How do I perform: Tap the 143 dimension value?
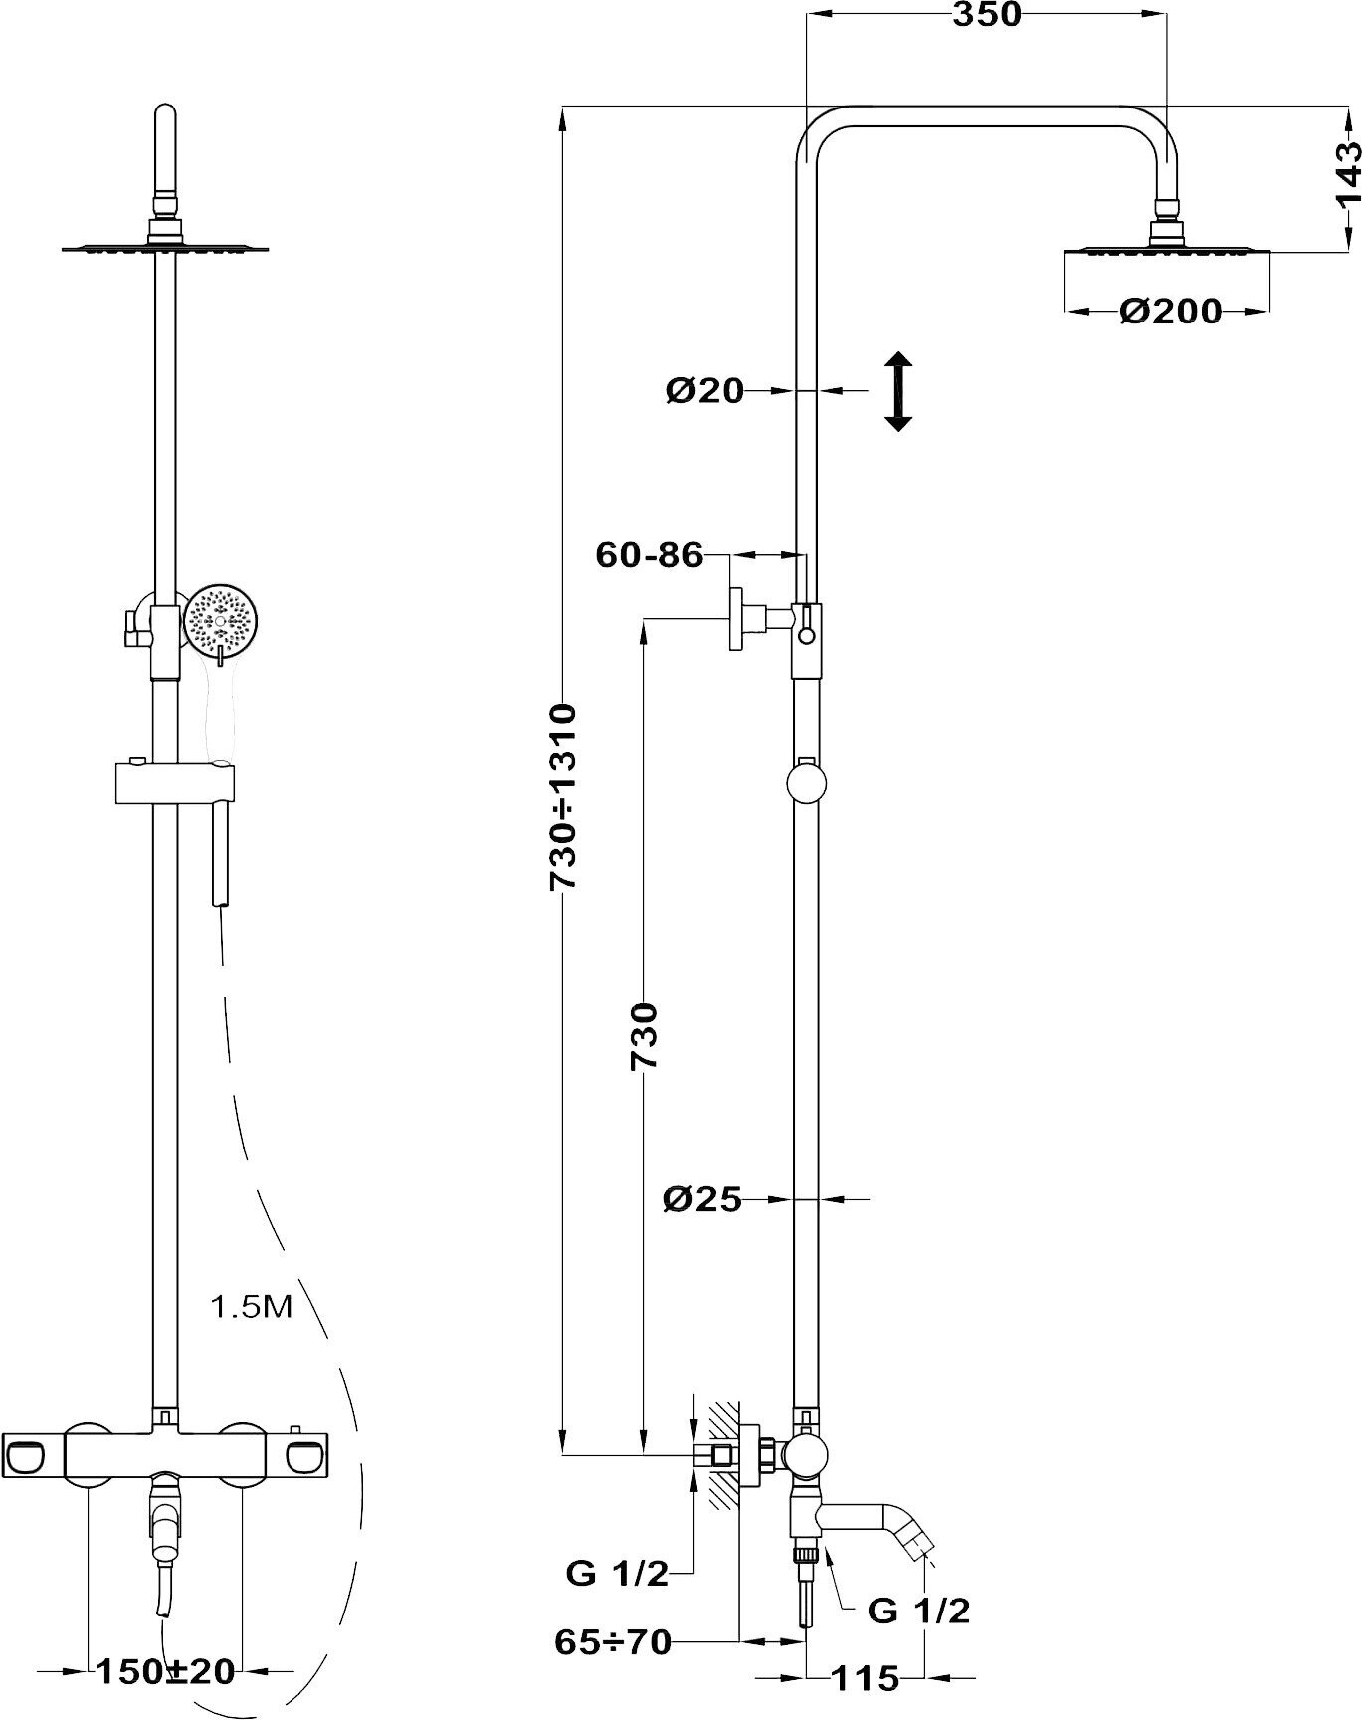click(x=1347, y=174)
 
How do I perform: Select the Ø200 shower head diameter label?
click(x=1170, y=312)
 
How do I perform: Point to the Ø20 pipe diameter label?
click(x=704, y=391)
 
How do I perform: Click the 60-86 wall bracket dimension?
click(x=649, y=554)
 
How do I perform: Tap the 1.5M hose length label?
click(x=252, y=1306)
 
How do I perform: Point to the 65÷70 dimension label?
click(x=613, y=1641)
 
